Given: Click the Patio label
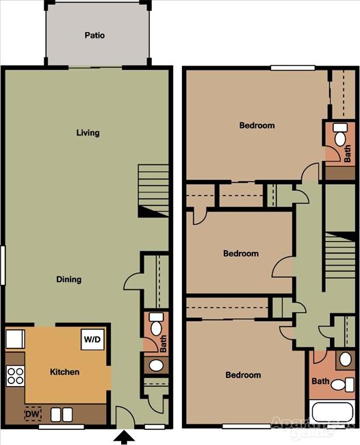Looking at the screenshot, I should click(x=94, y=35).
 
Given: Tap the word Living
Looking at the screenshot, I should click(x=88, y=133).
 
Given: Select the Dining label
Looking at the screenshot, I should click(x=69, y=279).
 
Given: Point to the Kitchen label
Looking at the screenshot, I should click(x=65, y=372).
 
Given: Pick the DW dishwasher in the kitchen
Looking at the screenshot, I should click(x=32, y=414).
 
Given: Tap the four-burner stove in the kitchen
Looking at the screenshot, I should click(x=15, y=376).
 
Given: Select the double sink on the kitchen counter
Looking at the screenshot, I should click(x=62, y=414).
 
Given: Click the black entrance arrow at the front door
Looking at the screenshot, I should click(x=124, y=437).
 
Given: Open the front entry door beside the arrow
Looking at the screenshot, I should click(x=124, y=416).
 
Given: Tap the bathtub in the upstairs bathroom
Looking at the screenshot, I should click(x=332, y=414).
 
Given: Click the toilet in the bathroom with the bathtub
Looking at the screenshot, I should click(x=345, y=359).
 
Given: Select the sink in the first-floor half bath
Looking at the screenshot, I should click(x=156, y=365).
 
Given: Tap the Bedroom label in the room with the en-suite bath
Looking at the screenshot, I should click(x=257, y=125).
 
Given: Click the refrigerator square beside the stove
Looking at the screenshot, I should click(x=15, y=339).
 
